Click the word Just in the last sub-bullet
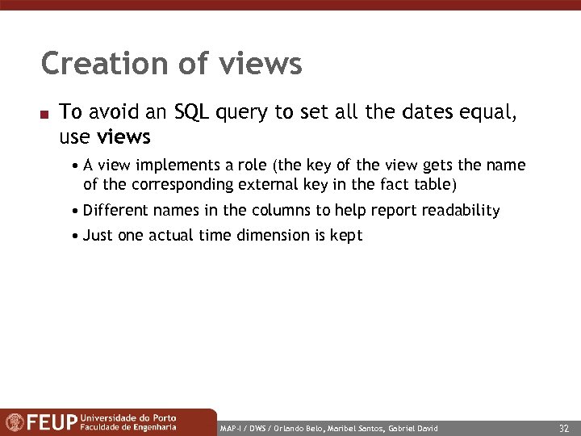[98, 236]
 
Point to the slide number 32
[563, 426]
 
